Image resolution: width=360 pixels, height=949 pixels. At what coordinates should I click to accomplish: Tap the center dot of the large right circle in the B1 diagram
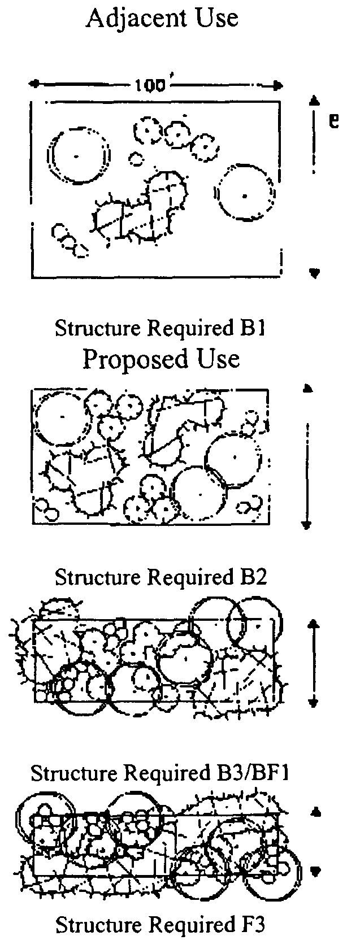(x=244, y=196)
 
